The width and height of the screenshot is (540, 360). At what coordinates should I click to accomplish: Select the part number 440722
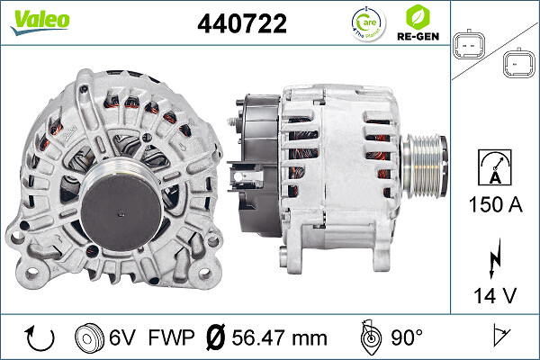pos(241,25)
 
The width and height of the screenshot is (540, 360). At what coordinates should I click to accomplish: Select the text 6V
pos(123,337)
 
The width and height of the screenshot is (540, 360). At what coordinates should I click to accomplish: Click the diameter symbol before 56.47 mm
pos(216,337)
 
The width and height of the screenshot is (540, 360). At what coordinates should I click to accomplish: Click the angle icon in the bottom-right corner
pos(499,337)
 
